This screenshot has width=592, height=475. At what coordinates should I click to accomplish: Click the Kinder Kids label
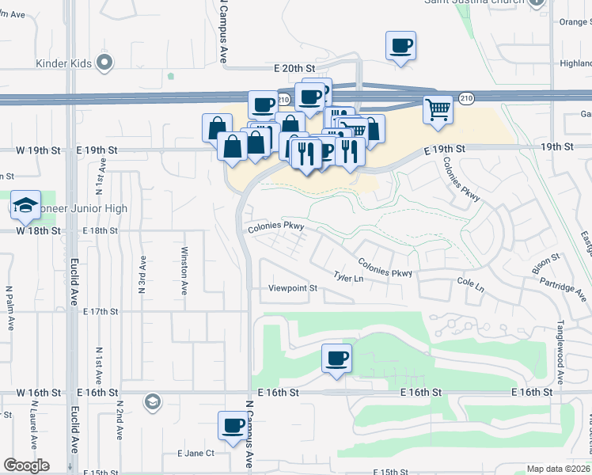pos(63,63)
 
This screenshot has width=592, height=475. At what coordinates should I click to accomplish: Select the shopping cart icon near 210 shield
pos(437,109)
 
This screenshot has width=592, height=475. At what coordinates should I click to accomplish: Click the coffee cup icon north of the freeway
pos(400,45)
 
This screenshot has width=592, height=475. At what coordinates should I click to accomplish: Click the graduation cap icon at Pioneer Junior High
pos(25,205)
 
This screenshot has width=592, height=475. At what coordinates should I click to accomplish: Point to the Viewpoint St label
pos(292,288)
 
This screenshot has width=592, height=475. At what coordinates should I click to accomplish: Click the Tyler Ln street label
pos(348,278)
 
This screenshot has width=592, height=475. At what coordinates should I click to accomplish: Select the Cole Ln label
pos(470,282)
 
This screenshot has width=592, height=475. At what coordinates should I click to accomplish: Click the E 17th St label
pos(99,312)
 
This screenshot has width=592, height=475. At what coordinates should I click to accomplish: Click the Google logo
pos(26,465)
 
